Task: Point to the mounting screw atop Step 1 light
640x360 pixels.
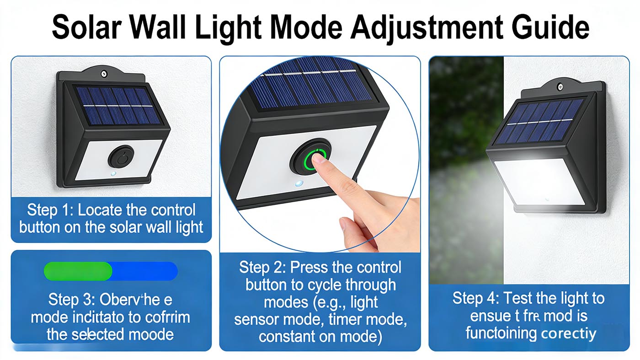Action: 105,73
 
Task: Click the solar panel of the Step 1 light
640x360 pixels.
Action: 117,106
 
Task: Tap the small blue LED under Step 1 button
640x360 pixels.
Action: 113,174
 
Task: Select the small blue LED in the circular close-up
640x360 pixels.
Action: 299,184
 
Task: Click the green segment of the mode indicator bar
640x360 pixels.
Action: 78,271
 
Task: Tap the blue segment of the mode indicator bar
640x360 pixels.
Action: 144,271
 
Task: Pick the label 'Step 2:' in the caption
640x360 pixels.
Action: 262,267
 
